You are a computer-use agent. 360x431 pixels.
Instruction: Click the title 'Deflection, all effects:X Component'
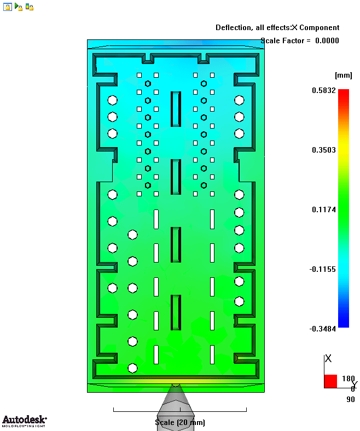[x=277, y=28]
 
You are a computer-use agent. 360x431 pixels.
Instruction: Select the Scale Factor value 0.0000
[x=327, y=40]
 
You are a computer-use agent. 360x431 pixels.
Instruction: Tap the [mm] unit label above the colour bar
[x=343, y=75]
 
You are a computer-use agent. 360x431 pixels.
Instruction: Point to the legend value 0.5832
[x=324, y=90]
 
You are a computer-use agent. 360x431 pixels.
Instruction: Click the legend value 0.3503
[x=324, y=150]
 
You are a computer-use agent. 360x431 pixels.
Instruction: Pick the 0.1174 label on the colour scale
[x=324, y=209]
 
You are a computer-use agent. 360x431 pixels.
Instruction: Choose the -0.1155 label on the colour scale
[x=323, y=269]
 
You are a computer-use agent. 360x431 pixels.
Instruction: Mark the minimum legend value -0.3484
[x=323, y=329]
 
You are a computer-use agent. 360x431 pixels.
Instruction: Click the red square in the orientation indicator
[x=330, y=381]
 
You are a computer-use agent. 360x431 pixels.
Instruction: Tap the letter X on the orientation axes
[x=328, y=358]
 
